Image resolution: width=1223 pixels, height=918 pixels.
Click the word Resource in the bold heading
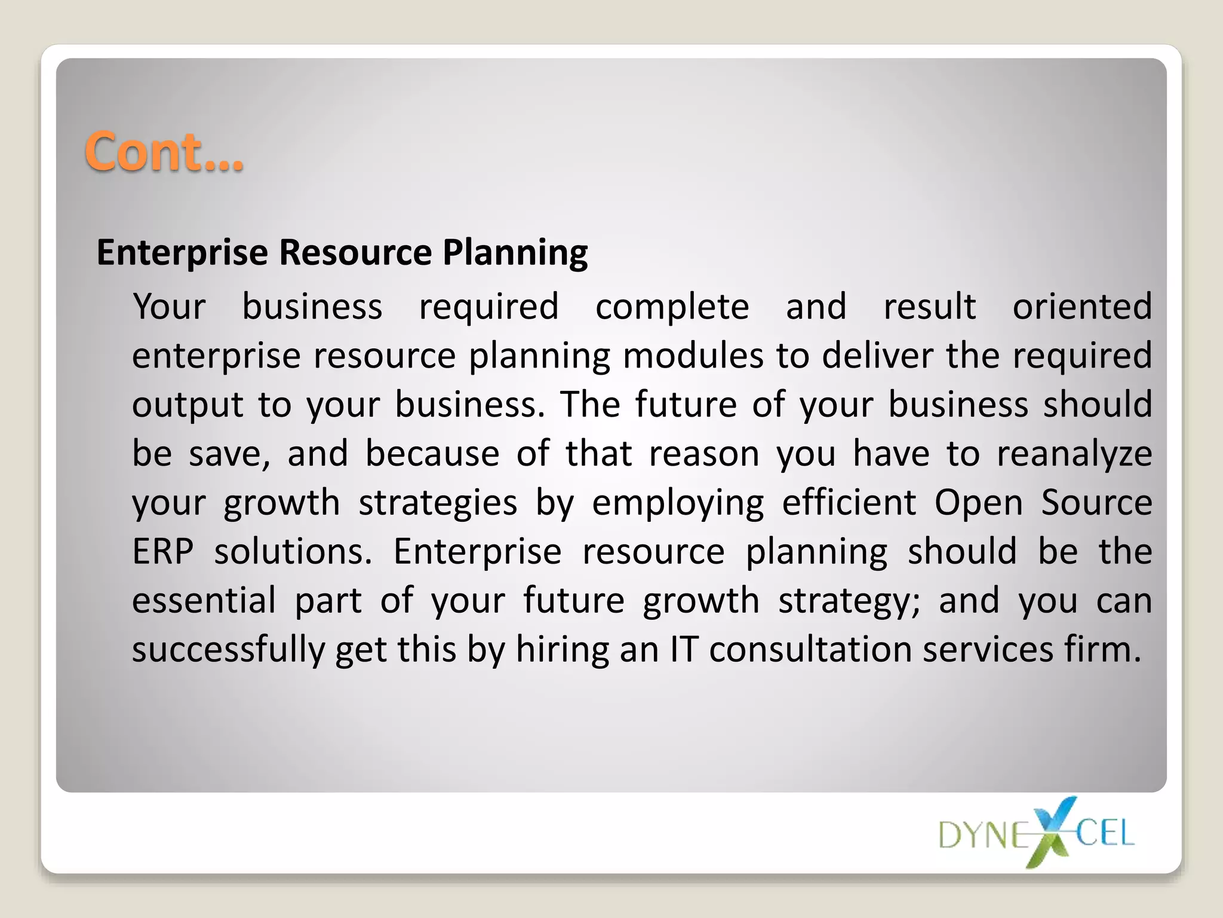(x=355, y=252)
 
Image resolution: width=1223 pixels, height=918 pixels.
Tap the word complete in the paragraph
(x=672, y=307)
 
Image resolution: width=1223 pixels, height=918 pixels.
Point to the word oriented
(x=1082, y=307)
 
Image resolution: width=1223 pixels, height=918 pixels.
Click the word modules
(x=693, y=356)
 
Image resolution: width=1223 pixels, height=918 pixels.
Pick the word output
(x=188, y=405)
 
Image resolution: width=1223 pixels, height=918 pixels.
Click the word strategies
(x=438, y=503)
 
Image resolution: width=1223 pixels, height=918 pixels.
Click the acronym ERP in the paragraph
(x=163, y=551)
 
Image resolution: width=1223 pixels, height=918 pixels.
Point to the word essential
(x=204, y=600)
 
